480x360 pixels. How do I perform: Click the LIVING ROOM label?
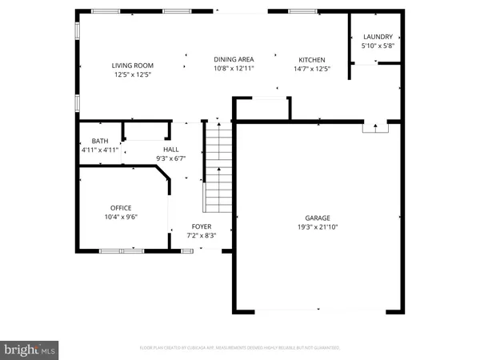pos(132,66)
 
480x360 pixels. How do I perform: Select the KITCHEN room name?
pos(312,60)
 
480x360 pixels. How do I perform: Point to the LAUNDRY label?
pos(378,37)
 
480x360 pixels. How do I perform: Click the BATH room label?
pos(100,141)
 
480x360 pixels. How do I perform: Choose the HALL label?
pos(171,150)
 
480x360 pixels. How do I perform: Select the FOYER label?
pos(201,227)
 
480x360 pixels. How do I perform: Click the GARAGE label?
pos(317,218)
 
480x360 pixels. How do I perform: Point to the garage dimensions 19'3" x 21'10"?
pos(317,226)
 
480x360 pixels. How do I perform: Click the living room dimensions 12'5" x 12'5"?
pos(132,74)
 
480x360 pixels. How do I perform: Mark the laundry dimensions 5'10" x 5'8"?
pos(378,46)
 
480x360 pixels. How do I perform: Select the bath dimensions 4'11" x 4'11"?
pos(100,150)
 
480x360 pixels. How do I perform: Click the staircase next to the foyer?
pos(217,168)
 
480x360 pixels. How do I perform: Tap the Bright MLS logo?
pos(30,349)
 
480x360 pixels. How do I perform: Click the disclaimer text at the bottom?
pos(239,348)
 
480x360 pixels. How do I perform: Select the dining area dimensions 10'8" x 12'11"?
pos(234,69)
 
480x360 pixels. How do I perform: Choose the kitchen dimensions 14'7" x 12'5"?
pos(312,69)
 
